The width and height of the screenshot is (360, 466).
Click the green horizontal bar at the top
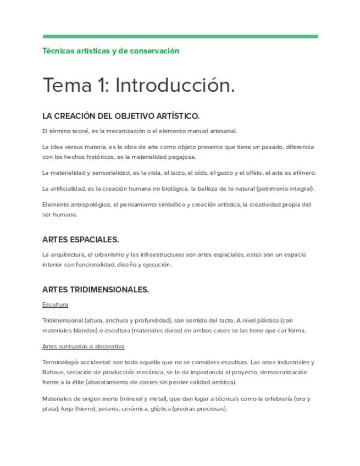point(180,37)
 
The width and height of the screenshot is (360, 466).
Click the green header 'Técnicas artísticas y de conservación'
point(111,51)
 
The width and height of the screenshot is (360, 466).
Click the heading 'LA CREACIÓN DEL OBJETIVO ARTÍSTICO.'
point(121,116)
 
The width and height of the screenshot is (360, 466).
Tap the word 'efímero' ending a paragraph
point(303,173)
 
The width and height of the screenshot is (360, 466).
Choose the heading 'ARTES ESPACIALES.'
point(80,240)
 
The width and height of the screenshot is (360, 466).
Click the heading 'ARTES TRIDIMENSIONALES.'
point(96,289)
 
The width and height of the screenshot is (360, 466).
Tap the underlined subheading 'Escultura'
point(55,304)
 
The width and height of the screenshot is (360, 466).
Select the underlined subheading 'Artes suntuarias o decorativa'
point(84,346)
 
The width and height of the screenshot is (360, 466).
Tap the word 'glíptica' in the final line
point(160,409)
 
